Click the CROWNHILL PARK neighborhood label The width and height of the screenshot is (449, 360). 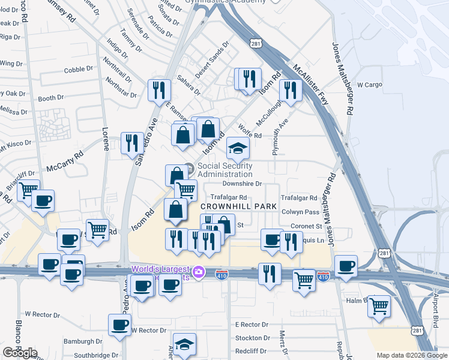(238, 206)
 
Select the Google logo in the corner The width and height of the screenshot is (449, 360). (19, 353)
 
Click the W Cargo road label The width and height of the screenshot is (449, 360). (370, 85)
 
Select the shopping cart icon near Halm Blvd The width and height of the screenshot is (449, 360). (379, 306)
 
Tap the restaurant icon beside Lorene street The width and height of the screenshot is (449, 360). (132, 143)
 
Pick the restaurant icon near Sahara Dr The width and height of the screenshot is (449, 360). (159, 90)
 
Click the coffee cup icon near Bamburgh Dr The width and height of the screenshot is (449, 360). (119, 325)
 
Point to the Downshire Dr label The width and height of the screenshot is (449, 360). (243, 184)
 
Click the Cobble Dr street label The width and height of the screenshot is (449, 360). (74, 70)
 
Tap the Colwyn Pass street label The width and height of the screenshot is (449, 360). (300, 212)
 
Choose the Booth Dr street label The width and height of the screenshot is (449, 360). (50, 98)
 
